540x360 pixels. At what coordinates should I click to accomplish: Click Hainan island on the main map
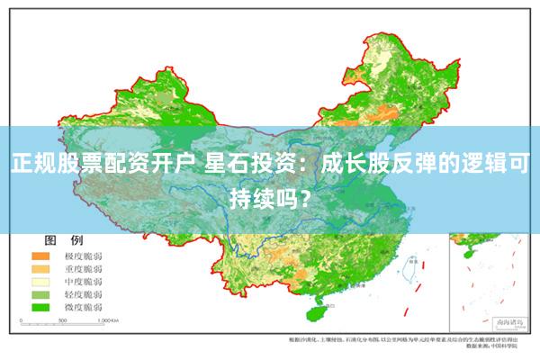coord(317,312)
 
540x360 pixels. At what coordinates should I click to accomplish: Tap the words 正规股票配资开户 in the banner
coord(103,165)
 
